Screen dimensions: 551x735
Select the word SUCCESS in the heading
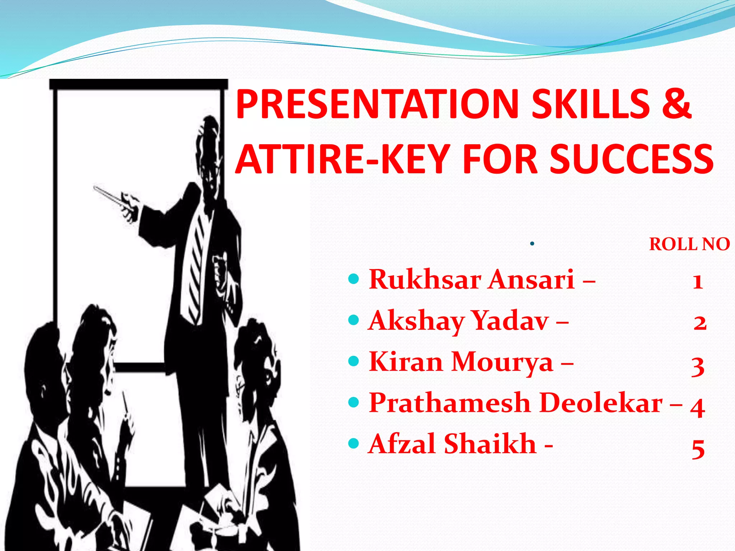coord(632,159)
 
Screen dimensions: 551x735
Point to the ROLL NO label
coord(689,244)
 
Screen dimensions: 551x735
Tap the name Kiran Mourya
coord(461,362)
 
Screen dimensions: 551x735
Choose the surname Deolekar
coord(601,403)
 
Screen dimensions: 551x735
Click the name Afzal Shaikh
coord(452,444)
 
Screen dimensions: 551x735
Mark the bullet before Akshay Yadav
coord(354,319)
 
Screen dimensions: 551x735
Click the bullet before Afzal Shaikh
coord(354,443)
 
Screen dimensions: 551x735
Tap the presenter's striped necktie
coord(196,265)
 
